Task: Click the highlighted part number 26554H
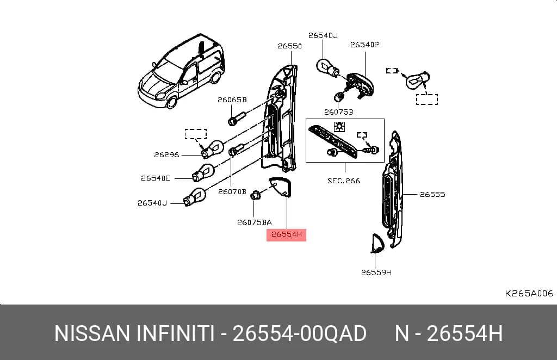pyautogui.click(x=286, y=234)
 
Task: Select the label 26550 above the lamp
pyautogui.click(x=289, y=46)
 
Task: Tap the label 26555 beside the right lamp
pyautogui.click(x=432, y=194)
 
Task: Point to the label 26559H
pyautogui.click(x=376, y=272)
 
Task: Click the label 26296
pyautogui.click(x=166, y=155)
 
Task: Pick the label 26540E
pyautogui.click(x=155, y=178)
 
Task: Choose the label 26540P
pyautogui.click(x=364, y=45)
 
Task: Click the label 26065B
pyautogui.click(x=232, y=100)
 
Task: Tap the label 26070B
pyautogui.click(x=232, y=192)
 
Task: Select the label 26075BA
pyautogui.click(x=255, y=222)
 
